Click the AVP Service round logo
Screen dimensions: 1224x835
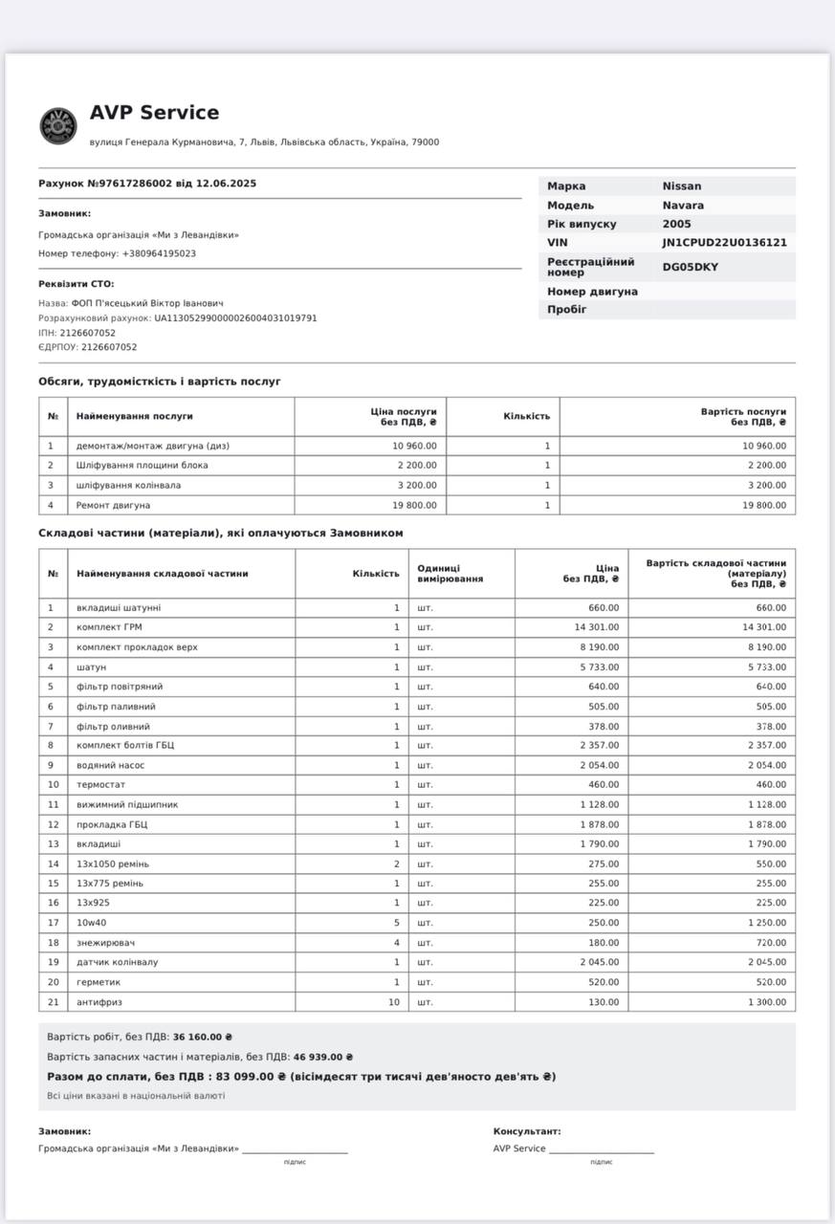pyautogui.click(x=58, y=126)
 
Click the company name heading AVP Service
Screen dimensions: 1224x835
pyautogui.click(x=154, y=113)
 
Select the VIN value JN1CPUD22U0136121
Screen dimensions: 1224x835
pyautogui.click(x=724, y=243)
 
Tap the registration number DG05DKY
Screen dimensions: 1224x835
pyautogui.click(x=690, y=267)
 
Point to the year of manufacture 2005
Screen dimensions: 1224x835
pyautogui.click(x=676, y=224)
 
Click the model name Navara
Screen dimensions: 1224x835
pyautogui.click(x=683, y=206)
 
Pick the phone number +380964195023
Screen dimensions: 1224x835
pyautogui.click(x=159, y=253)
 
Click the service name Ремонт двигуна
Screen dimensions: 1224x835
pyautogui.click(x=114, y=505)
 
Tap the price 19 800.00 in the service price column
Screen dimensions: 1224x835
pyautogui.click(x=414, y=505)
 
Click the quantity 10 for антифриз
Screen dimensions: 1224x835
pyautogui.click(x=393, y=1002)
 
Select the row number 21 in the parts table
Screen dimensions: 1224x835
pyautogui.click(x=53, y=1002)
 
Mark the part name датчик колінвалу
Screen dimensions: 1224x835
pyautogui.click(x=118, y=962)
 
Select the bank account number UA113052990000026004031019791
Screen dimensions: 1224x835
pyautogui.click(x=235, y=317)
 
